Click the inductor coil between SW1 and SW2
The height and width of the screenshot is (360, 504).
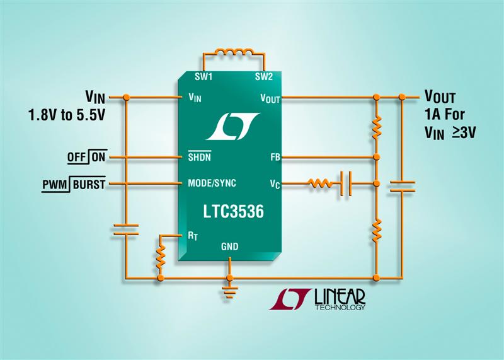tap(234, 52)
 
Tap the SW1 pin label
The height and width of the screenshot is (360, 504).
tap(203, 76)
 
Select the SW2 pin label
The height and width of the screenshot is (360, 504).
tap(264, 76)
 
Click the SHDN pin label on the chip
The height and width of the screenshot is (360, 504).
tap(199, 156)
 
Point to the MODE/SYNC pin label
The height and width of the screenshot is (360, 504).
tap(212, 183)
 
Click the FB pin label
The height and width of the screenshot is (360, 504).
tap(275, 158)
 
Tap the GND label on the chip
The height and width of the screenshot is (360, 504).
tap(229, 247)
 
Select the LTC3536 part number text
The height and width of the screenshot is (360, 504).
tap(233, 211)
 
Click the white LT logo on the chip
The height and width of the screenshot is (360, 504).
tap(233, 126)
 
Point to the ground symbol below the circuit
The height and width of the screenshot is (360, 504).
tap(229, 292)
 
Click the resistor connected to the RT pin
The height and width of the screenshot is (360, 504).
tap(161, 257)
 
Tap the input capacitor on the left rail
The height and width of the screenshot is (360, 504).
tap(126, 229)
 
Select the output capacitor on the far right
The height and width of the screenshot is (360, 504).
tap(402, 186)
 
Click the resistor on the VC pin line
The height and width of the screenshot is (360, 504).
tap(319, 183)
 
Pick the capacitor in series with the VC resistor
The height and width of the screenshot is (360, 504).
tap(345, 183)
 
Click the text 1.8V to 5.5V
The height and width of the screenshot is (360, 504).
tap(67, 115)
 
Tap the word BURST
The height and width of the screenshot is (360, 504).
tap(89, 184)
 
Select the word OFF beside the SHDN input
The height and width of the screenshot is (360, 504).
tap(76, 158)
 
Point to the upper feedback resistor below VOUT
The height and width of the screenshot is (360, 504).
tap(377, 128)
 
